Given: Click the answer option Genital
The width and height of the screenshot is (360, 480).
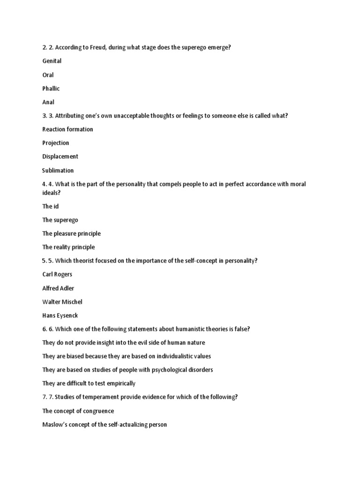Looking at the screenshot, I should coord(52,61).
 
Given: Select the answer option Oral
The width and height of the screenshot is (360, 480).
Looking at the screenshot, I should coord(48,75).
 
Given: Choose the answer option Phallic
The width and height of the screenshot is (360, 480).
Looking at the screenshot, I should coord(51,89).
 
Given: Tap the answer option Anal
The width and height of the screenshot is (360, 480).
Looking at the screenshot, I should coord(48,102).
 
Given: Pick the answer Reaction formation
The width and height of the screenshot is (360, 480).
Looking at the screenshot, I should coord(67,129).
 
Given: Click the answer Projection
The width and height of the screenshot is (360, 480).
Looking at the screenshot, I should coord(55,143).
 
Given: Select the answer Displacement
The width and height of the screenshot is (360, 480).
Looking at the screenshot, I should coord(60,157).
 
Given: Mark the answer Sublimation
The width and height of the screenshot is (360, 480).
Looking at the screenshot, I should coord(58,171).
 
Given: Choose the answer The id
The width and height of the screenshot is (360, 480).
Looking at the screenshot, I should coord(50,206).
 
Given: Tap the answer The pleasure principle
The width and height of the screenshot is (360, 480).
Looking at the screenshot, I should coord(71,233).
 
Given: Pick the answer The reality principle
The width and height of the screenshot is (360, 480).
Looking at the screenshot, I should coord(68,247).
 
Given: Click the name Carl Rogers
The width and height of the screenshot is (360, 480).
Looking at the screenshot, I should coord(57,274).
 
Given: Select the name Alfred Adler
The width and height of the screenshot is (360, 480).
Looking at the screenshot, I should coord(58,288).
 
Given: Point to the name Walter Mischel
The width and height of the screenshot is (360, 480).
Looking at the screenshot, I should coord(62,302).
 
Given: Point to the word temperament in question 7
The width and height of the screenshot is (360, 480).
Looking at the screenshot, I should coord(102,397).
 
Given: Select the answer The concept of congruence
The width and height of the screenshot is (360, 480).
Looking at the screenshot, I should coord(78,411).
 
